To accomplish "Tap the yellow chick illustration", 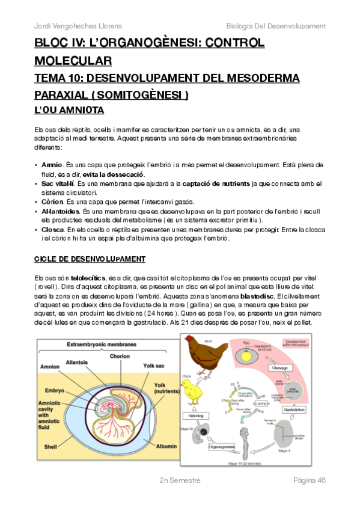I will (194, 390).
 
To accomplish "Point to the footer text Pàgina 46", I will (309, 480).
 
